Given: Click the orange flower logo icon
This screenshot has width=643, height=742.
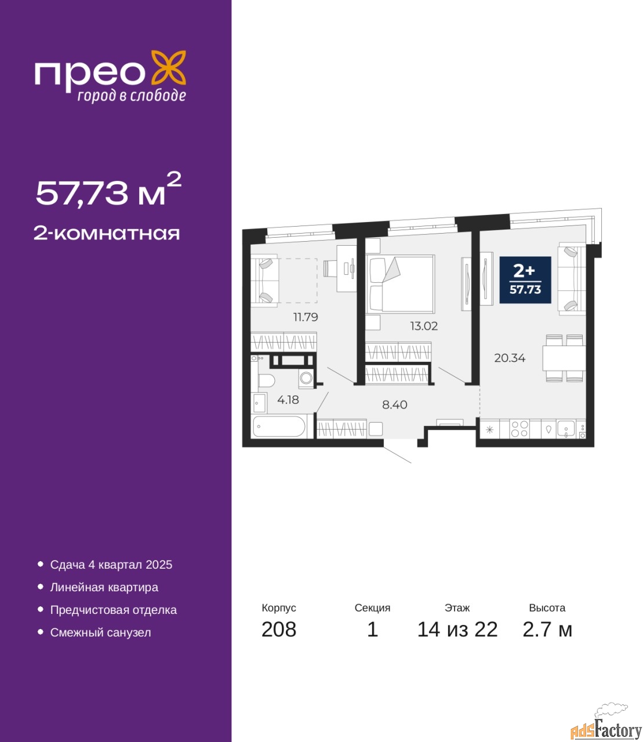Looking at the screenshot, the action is tap(168, 67).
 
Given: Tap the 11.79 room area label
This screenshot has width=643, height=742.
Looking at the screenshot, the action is tap(306, 317).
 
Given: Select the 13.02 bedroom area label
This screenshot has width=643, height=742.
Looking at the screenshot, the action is tap(424, 326).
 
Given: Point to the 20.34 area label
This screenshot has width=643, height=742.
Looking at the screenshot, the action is tap(510, 358).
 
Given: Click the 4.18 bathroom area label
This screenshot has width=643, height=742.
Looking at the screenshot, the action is tap(288, 399).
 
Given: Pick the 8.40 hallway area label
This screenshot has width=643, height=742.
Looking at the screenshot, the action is tap(395, 405).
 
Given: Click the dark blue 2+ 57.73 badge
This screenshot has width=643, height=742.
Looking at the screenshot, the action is tap(525, 280).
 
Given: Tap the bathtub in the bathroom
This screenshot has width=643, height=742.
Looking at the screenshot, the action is tap(279, 427).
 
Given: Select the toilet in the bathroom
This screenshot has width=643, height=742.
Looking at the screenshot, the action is tap(266, 380).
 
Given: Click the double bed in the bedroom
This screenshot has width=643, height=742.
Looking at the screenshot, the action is tap(400, 283).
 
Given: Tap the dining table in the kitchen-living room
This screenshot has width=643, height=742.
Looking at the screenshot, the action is tap(564, 358).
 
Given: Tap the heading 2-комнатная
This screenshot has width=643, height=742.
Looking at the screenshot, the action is tap(107, 234).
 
